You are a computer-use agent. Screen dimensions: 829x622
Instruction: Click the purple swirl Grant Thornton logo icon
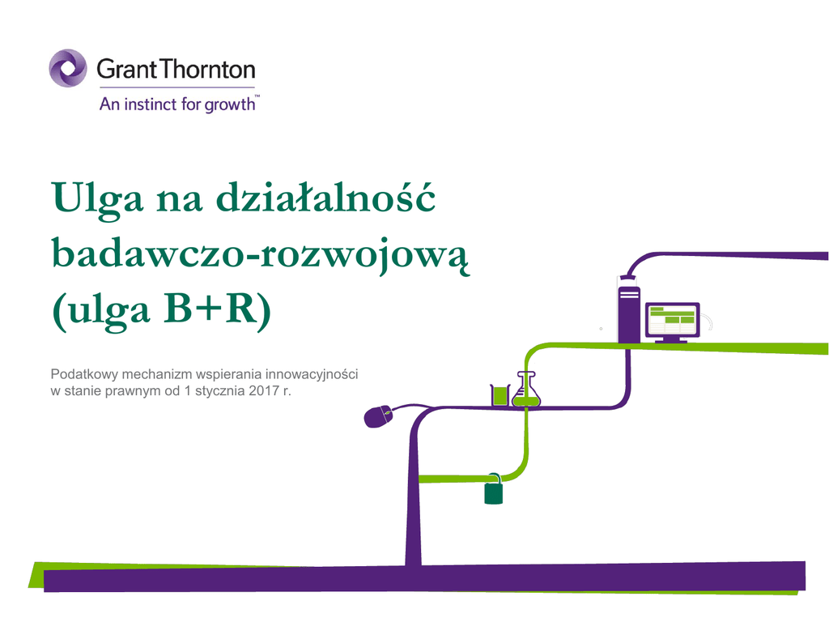pyautogui.click(x=68, y=68)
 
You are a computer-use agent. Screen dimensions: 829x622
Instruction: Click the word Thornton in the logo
pyautogui.click(x=208, y=70)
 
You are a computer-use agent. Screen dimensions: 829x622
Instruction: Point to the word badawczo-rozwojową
pyautogui.click(x=261, y=255)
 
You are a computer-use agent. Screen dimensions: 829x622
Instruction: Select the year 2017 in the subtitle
pyautogui.click(x=264, y=391)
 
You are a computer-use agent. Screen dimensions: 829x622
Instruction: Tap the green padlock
pyautogui.click(x=493, y=489)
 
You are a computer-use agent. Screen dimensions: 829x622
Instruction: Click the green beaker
pyautogui.click(x=500, y=395)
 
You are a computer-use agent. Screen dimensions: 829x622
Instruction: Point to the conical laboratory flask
pyautogui.click(x=526, y=390)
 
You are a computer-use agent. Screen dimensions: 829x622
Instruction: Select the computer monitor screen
pyautogui.click(x=672, y=319)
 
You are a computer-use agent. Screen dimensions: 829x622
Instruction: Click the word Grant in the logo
pyautogui.click(x=127, y=70)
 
